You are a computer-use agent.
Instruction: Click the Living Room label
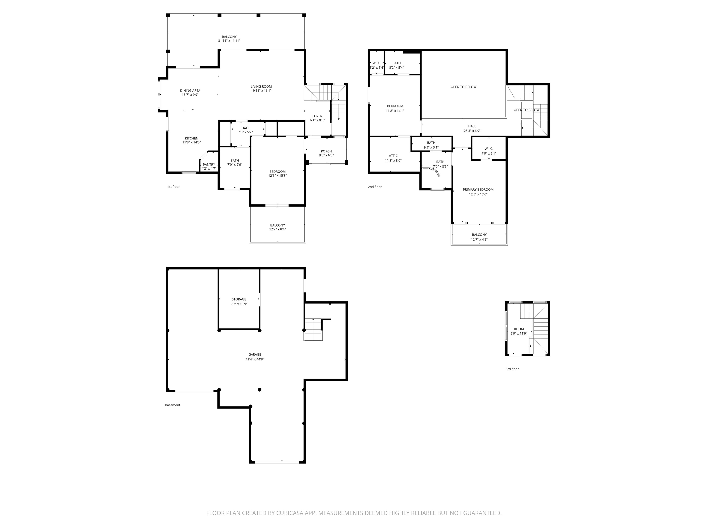pyautogui.click(x=261, y=86)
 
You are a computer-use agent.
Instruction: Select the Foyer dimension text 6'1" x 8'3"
pyautogui.click(x=317, y=120)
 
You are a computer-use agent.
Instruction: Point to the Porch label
pyautogui.click(x=326, y=151)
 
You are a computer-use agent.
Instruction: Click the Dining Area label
pyautogui.click(x=190, y=91)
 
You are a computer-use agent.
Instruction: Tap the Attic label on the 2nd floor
pyautogui.click(x=393, y=156)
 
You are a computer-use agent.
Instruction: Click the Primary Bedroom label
pyautogui.click(x=478, y=189)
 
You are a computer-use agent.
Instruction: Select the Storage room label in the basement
pyautogui.click(x=239, y=299)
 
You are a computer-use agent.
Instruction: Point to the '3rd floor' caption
pyautogui.click(x=512, y=369)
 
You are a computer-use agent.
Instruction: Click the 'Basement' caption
pyautogui.click(x=173, y=405)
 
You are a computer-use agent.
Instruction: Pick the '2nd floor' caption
pyautogui.click(x=375, y=187)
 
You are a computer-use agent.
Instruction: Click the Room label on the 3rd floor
pyautogui.click(x=519, y=329)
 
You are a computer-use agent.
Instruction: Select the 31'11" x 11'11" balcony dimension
pyautogui.click(x=229, y=41)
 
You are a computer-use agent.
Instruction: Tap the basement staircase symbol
pyautogui.click(x=313, y=330)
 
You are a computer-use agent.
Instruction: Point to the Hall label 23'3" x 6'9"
pyautogui.click(x=472, y=128)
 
